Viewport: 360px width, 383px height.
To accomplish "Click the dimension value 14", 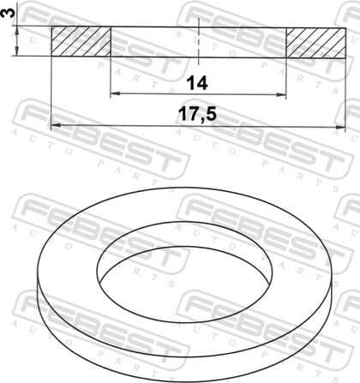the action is tap(197, 83).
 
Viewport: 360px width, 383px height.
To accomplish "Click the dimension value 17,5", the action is tap(197, 114).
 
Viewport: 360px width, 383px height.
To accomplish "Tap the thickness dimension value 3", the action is tap(7, 13).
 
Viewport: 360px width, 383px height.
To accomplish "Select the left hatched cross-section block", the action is tap(81, 41).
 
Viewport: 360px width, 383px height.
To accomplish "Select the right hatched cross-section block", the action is tap(315, 43).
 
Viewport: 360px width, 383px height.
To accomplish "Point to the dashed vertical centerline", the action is tap(198, 40).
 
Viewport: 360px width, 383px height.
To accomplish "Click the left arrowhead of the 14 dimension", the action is tap(115, 93).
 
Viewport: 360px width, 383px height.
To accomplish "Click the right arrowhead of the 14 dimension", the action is tap(282, 94).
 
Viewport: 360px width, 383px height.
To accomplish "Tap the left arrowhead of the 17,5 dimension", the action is tap(56, 125).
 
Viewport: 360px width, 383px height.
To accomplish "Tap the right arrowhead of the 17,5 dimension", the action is tap(340, 127).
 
